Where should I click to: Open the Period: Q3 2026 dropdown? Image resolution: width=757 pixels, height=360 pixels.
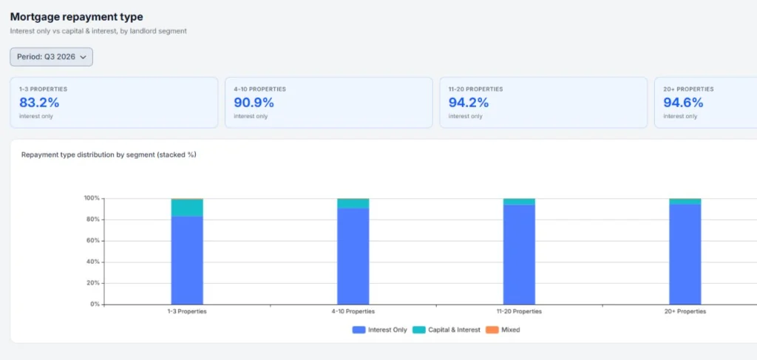tap(51, 57)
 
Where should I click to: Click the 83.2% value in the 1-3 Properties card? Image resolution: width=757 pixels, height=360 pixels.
tap(39, 103)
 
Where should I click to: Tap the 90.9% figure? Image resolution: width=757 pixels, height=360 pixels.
tap(254, 103)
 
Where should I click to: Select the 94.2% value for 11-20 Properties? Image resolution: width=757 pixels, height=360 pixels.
tap(469, 103)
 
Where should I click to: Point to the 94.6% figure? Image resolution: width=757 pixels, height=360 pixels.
tap(683, 103)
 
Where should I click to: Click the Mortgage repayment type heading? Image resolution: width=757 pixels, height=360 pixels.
tap(77, 17)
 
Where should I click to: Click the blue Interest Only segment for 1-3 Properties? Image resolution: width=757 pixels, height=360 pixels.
tap(187, 260)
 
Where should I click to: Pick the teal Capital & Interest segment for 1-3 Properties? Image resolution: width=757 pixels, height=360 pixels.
tap(187, 208)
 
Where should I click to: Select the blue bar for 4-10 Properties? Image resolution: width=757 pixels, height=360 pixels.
tap(353, 257)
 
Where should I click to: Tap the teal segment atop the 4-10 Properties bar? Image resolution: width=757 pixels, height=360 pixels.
tap(353, 203)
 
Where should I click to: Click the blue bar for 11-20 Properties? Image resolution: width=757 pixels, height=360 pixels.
tap(519, 254)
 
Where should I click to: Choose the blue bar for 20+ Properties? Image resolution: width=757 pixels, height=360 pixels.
tap(685, 254)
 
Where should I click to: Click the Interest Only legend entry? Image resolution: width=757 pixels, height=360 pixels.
tap(379, 330)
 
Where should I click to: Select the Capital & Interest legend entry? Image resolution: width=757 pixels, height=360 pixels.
tap(447, 330)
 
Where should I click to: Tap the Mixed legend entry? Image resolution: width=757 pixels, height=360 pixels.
tap(503, 330)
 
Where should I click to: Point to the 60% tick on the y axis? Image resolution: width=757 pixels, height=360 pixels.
tap(92, 241)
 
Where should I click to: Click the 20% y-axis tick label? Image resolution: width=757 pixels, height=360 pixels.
tap(92, 283)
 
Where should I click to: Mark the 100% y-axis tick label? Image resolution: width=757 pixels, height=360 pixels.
tap(92, 198)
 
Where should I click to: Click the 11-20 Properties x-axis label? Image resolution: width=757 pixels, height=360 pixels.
tap(520, 312)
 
